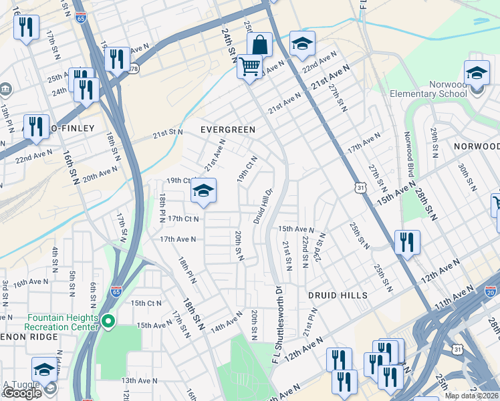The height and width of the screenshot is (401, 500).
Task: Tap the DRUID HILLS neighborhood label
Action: [x=338, y=295]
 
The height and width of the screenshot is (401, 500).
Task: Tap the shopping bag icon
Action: [x=259, y=45]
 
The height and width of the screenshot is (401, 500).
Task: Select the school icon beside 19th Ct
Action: [x=203, y=192]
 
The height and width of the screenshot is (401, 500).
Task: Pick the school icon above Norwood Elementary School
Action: [x=477, y=73]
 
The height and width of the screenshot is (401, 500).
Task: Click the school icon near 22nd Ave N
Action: [x=302, y=44]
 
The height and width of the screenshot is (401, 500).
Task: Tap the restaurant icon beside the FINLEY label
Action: [x=37, y=126]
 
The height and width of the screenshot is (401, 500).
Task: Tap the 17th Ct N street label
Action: [x=183, y=219]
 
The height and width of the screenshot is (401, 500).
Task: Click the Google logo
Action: [x=22, y=393]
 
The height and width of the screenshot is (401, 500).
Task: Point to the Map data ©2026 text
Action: [x=472, y=396]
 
